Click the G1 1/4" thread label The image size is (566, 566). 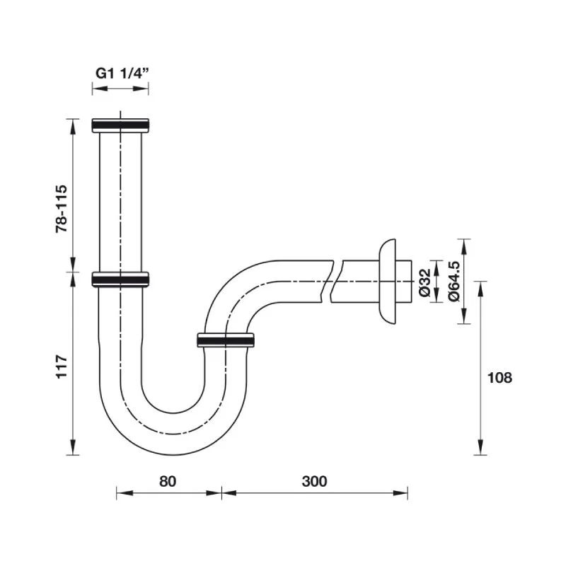pyautogui.click(x=122, y=74)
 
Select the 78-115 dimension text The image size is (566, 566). pyautogui.click(x=62, y=209)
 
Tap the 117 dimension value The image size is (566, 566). pyautogui.click(x=62, y=366)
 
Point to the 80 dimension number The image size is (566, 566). pyautogui.click(x=168, y=481)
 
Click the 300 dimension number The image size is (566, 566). pyautogui.click(x=314, y=481)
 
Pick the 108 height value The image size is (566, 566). pyautogui.click(x=499, y=378)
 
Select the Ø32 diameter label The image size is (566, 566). pyautogui.click(x=425, y=282)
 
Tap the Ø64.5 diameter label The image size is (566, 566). pyautogui.click(x=454, y=281)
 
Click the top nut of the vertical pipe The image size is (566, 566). pyautogui.click(x=120, y=125)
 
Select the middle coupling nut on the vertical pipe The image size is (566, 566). pyautogui.click(x=120, y=279)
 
